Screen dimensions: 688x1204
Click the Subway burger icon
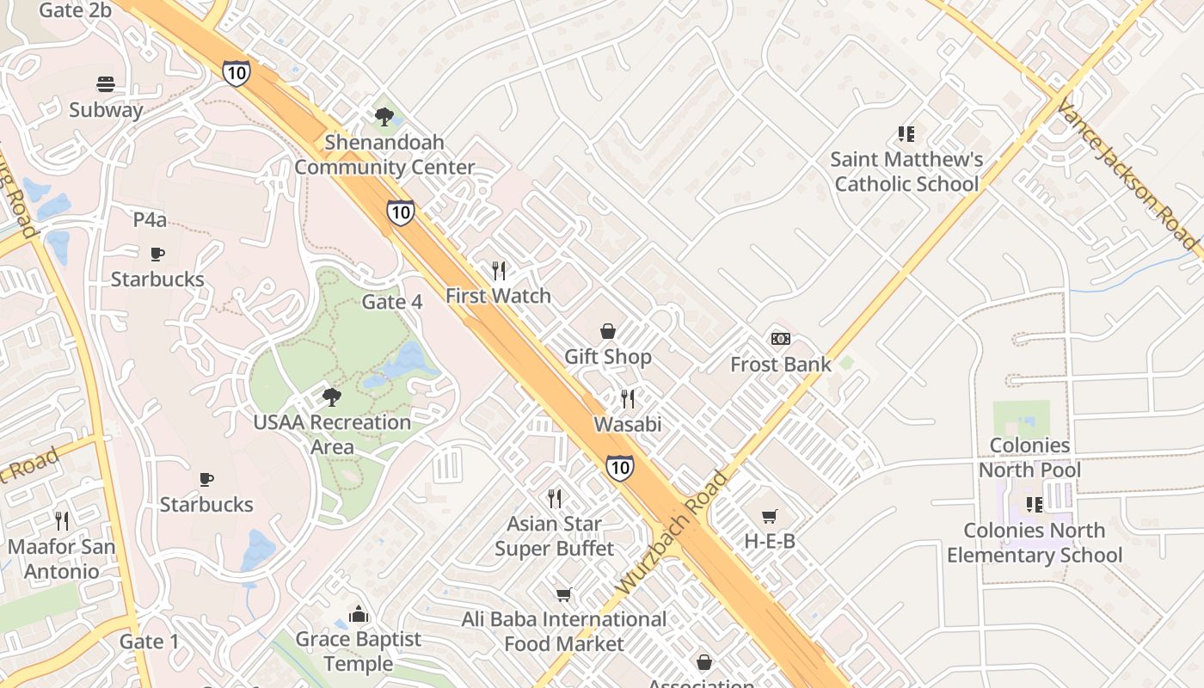coord(106,84)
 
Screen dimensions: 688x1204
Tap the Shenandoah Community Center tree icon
coord(384,116)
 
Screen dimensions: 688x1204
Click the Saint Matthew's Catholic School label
coord(906,171)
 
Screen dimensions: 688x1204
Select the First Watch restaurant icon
coord(499,271)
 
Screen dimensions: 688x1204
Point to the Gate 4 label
coord(392,302)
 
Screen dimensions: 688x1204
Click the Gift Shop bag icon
coord(608,331)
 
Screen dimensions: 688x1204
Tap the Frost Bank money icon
coord(781,339)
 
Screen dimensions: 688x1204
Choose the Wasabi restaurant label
coord(628,424)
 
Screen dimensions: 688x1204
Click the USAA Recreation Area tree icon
coord(331,396)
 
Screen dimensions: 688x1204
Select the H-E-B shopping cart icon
coord(770,516)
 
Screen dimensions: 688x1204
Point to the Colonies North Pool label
coord(1029,458)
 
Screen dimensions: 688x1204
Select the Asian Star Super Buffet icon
coord(555,498)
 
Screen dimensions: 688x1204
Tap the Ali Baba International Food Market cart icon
coord(564,594)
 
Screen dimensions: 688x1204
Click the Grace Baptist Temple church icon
coord(359,614)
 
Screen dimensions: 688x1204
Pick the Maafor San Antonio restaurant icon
coord(61,520)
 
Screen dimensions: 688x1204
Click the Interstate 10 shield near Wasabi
coord(620,467)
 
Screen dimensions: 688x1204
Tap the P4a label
coord(150,219)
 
